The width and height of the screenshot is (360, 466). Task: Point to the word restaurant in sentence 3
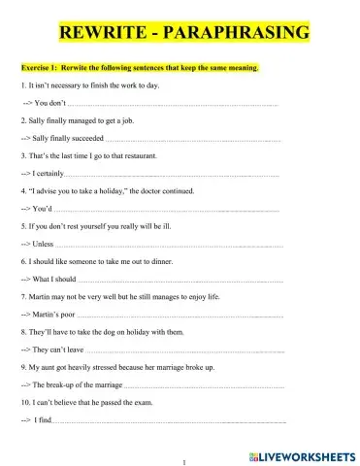(135, 155)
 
